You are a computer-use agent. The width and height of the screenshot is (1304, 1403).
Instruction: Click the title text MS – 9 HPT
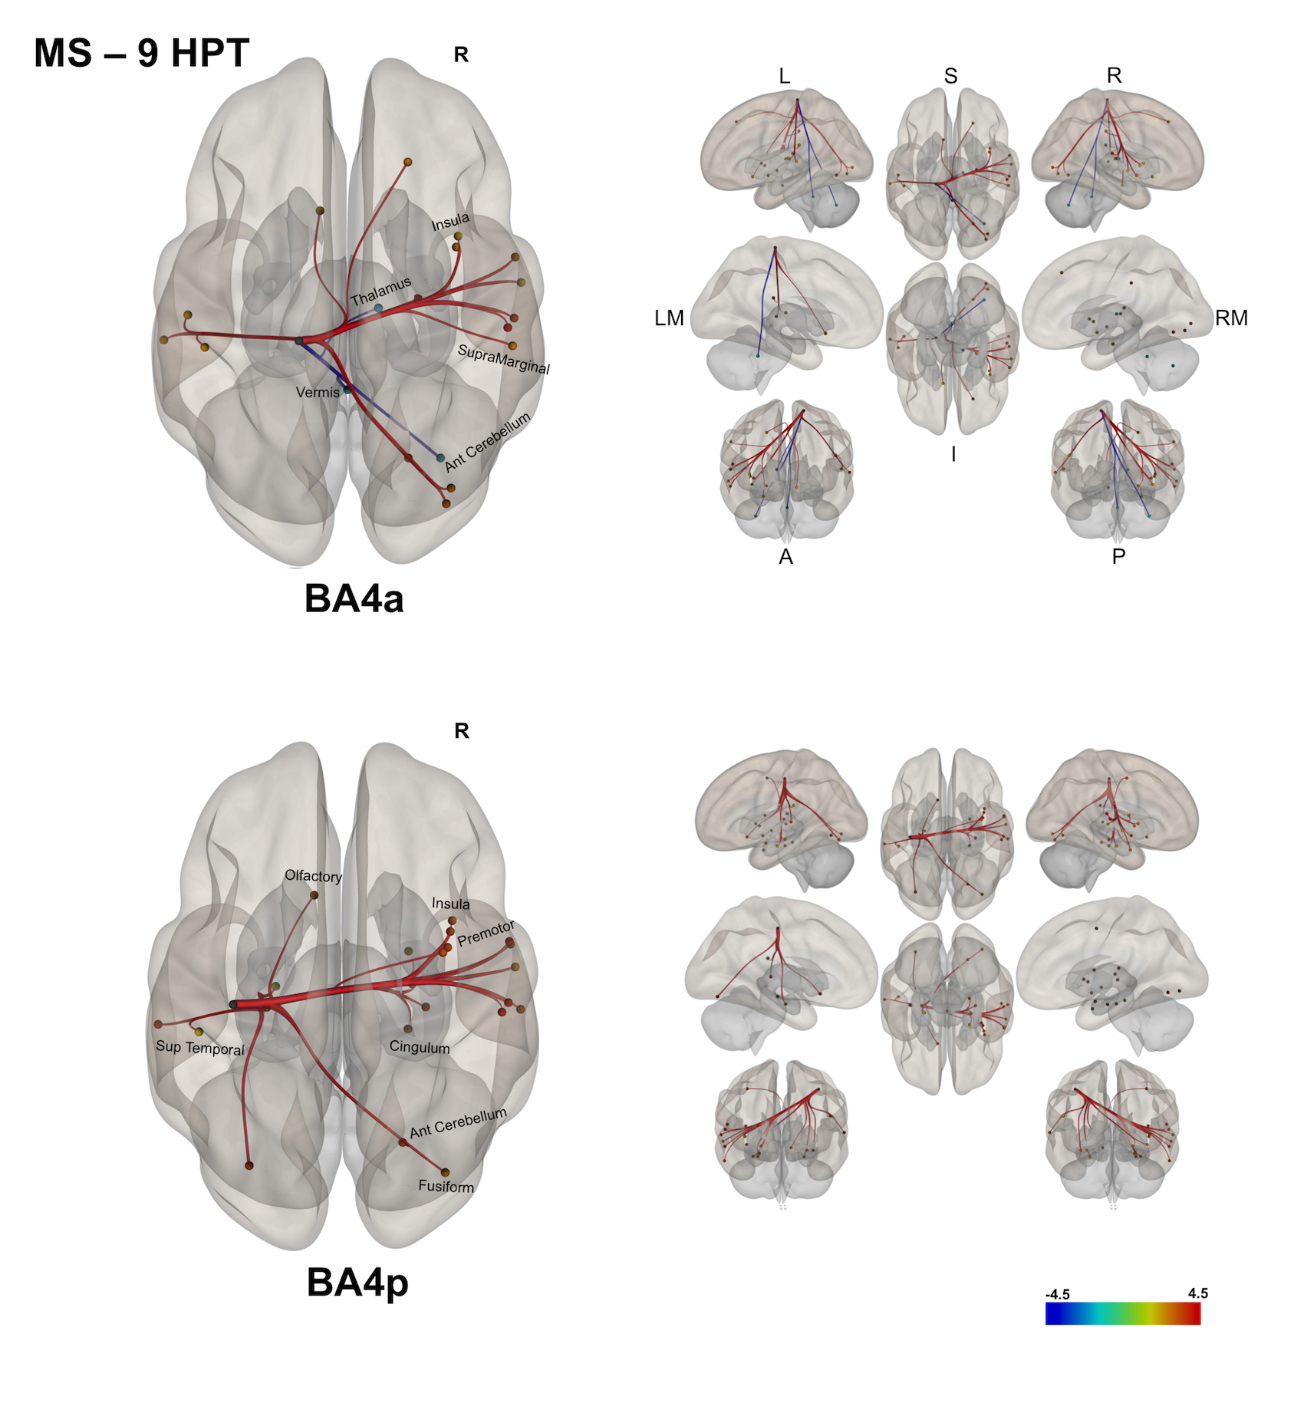coord(141,54)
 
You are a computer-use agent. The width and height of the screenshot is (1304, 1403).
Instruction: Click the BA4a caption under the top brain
coord(354,598)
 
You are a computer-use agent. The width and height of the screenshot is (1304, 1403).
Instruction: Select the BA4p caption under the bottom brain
coord(357,1282)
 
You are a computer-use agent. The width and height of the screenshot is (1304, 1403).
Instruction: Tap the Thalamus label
coord(381,291)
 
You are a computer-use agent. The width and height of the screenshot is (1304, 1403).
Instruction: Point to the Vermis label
coord(318,392)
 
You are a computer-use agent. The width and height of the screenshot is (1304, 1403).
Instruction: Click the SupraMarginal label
coord(503,359)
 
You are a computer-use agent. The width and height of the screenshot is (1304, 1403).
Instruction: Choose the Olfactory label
coord(313,875)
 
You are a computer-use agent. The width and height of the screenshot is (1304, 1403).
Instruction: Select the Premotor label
coord(486,934)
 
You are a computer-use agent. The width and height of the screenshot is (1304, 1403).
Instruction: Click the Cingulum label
coord(420,1047)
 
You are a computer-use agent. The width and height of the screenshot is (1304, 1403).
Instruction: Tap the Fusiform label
coord(446,1186)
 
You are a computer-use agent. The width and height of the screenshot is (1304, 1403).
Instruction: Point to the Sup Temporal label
coord(199,1048)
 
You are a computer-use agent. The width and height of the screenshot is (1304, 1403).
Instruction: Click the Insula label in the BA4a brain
coord(450,222)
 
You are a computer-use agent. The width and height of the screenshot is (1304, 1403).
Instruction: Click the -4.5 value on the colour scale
coord(1057,1294)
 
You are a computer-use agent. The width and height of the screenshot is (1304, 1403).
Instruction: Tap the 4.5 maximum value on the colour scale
coord(1197,1293)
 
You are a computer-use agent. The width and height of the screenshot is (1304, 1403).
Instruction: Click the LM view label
coord(669,318)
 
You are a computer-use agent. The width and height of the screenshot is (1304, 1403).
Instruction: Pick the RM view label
coord(1231,318)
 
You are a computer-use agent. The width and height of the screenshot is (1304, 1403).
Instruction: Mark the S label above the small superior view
coord(950,76)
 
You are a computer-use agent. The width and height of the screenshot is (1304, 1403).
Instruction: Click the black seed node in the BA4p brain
coord(233,1004)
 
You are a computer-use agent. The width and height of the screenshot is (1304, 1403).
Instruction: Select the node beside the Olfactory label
coord(314,895)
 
